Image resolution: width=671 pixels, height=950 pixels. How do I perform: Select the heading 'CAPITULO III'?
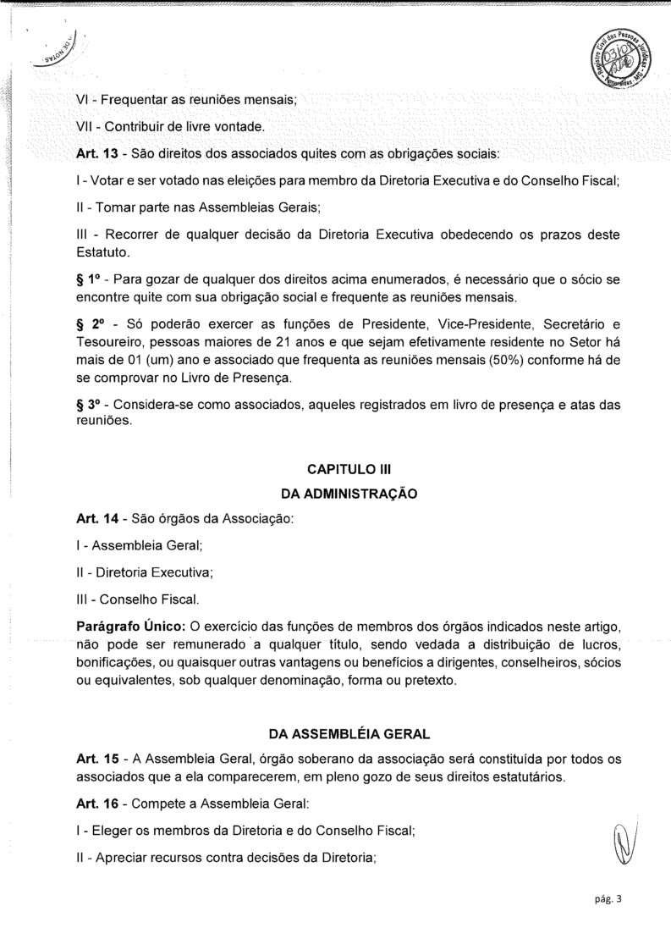coord(348,469)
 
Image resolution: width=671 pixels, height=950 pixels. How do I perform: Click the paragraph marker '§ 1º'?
coord(87,280)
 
